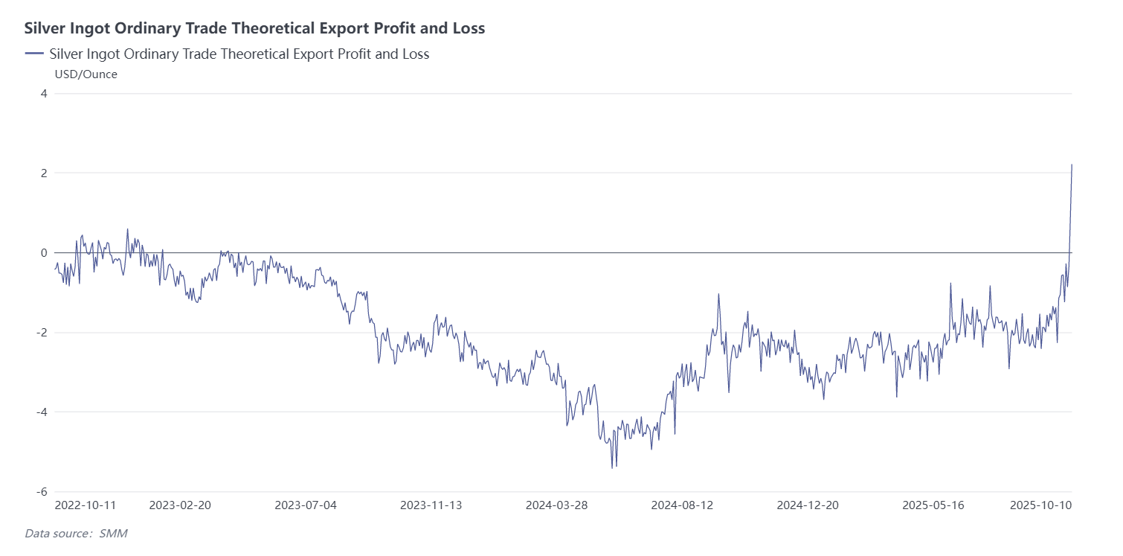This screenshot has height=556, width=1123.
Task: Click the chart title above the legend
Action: click(x=254, y=28)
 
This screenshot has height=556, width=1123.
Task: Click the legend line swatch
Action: click(x=34, y=54)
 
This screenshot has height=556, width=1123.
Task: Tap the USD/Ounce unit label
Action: click(x=86, y=74)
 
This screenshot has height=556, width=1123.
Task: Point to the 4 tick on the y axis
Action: click(x=44, y=94)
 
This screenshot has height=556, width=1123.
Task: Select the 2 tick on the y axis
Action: click(x=44, y=173)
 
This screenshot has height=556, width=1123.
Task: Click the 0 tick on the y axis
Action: click(x=44, y=253)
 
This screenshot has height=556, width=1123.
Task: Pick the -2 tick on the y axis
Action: click(x=42, y=333)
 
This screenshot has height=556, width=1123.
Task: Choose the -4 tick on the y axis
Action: click(x=42, y=412)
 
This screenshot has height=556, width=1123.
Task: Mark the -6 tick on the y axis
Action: click(x=42, y=492)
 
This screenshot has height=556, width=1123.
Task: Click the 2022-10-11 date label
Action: click(x=86, y=505)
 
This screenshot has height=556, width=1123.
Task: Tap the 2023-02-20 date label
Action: click(x=180, y=505)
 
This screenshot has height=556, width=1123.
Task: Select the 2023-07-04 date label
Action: click(x=306, y=505)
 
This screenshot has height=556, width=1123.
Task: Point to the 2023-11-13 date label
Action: click(x=431, y=505)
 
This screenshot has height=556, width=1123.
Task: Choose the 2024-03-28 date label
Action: click(x=556, y=505)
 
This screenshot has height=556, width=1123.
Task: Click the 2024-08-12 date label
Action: click(x=682, y=505)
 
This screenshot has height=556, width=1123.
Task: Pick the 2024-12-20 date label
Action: click(x=808, y=505)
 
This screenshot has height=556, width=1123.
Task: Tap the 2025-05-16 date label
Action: click(x=933, y=505)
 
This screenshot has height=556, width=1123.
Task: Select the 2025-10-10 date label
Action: click(x=1040, y=505)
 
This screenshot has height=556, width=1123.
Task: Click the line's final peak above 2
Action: click(x=1072, y=164)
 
